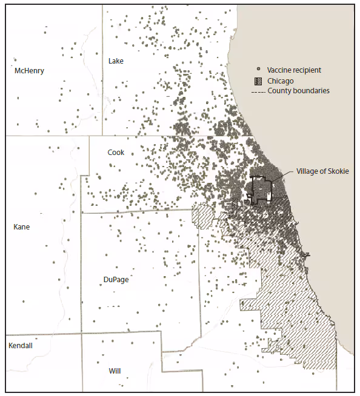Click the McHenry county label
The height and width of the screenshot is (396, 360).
click(29, 71)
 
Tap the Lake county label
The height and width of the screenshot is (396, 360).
click(116, 61)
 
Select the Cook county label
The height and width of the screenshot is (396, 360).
click(116, 153)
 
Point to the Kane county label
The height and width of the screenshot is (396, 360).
click(21, 227)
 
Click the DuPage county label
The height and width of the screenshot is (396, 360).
click(116, 280)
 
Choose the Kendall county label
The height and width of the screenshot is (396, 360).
click(21, 346)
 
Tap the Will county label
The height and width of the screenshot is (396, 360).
click(115, 370)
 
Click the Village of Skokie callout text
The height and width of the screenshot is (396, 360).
click(323, 171)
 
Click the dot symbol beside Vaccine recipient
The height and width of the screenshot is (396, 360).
click(258, 70)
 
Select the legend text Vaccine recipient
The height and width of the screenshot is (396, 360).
click(294, 70)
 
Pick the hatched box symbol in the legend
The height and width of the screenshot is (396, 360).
click(258, 81)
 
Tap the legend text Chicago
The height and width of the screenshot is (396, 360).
click(281, 81)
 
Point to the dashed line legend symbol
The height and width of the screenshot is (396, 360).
click(258, 91)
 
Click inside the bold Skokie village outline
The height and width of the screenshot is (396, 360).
click(261, 189)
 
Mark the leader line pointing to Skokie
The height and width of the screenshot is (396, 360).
click(282, 176)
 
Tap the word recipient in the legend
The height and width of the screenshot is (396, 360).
click(307, 70)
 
